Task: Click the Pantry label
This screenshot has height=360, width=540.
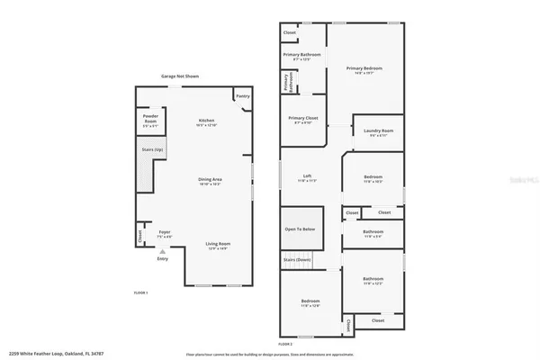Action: pyautogui.click(x=242, y=96)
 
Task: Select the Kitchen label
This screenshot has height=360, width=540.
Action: pyautogui.click(x=207, y=121)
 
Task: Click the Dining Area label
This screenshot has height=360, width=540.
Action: pyautogui.click(x=210, y=182)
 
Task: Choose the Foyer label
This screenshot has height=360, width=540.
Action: pyautogui.click(x=165, y=233)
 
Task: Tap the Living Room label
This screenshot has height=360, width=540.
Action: pyautogui.click(x=218, y=244)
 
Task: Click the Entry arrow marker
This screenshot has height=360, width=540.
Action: pyautogui.click(x=162, y=252)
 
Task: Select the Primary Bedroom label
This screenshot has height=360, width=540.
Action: pyautogui.click(x=364, y=69)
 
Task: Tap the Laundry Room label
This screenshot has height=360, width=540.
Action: pyautogui.click(x=378, y=132)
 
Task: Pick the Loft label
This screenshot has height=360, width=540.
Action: pyautogui.click(x=307, y=177)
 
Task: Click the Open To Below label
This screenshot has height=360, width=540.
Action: pyautogui.click(x=301, y=229)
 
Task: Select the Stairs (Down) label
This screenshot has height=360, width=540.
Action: pyautogui.click(x=297, y=259)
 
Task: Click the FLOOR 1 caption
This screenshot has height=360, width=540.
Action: pyautogui.click(x=140, y=293)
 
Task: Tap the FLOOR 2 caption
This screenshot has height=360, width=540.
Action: pyautogui.click(x=285, y=343)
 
